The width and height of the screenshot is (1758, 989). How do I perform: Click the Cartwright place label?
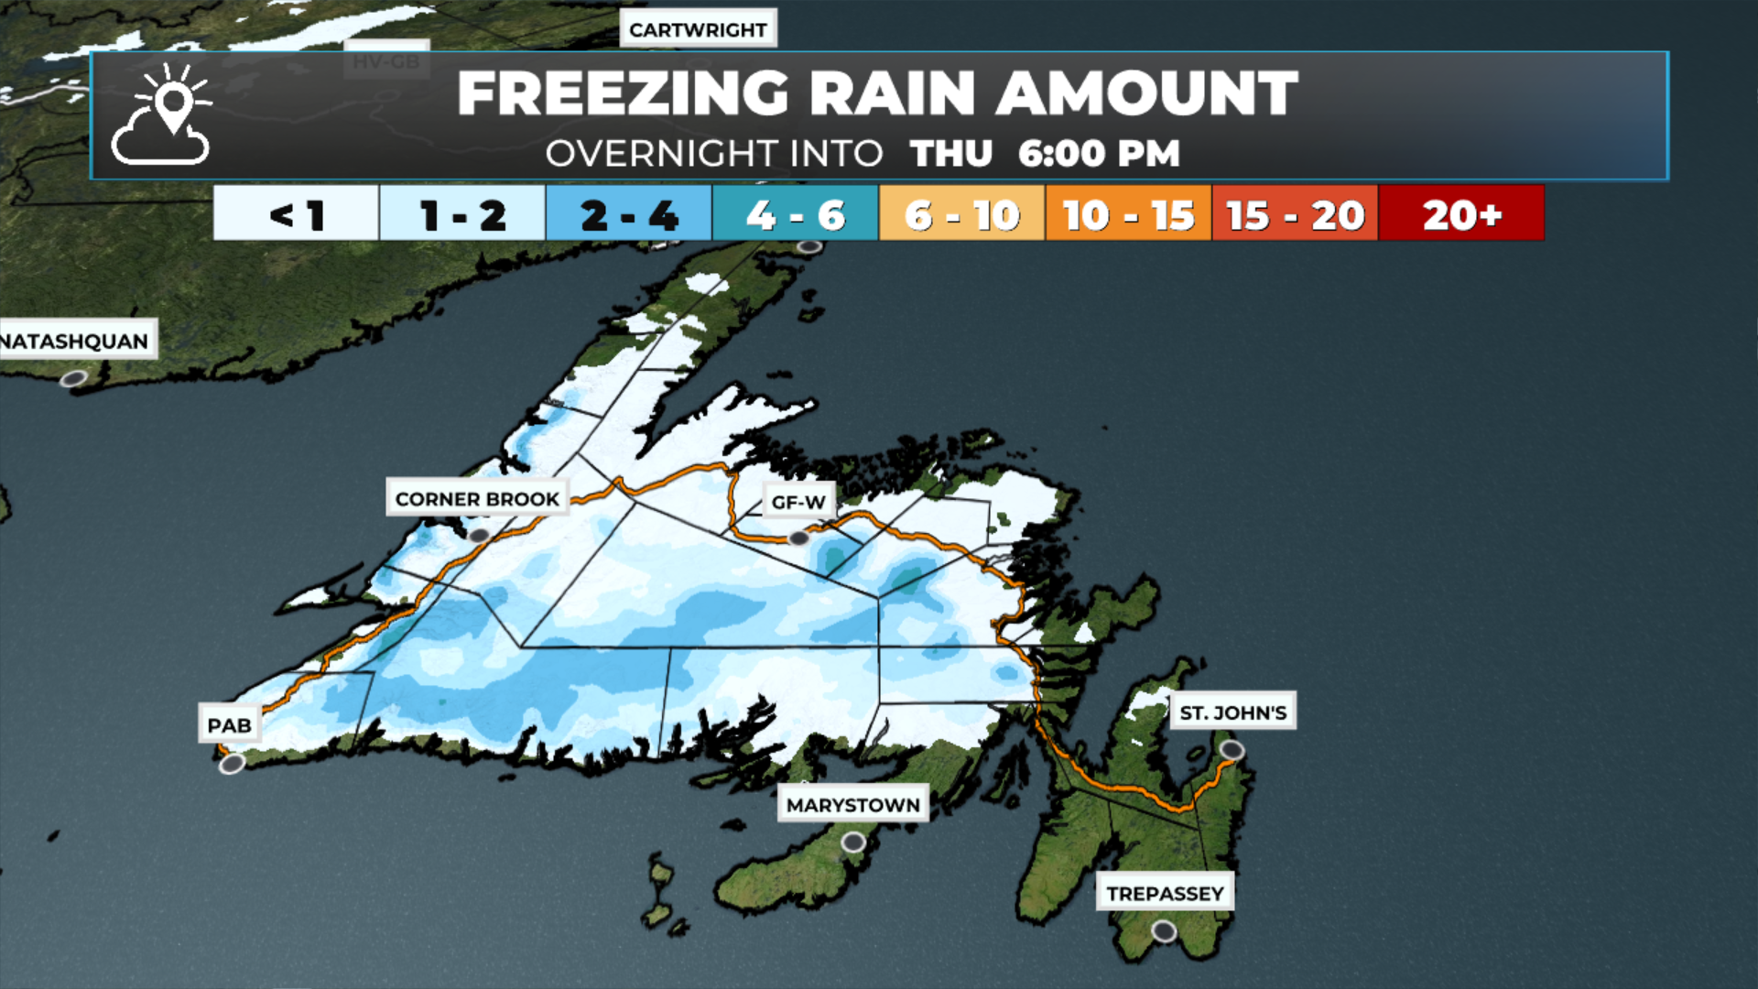(x=698, y=29)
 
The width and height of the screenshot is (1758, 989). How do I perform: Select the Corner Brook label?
(x=477, y=499)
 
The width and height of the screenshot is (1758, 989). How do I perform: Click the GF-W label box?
(x=798, y=502)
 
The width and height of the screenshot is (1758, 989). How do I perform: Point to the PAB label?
(x=229, y=725)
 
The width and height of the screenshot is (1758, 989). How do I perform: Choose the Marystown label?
(x=852, y=805)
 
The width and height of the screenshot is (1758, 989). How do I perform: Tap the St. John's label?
(x=1232, y=712)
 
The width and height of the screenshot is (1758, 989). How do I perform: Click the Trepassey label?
(x=1165, y=893)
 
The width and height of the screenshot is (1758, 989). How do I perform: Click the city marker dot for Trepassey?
(x=1164, y=931)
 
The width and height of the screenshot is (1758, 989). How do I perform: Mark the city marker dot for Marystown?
(x=853, y=842)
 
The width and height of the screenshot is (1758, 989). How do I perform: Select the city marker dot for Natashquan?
(x=73, y=378)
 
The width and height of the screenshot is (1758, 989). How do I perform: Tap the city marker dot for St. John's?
(x=1232, y=751)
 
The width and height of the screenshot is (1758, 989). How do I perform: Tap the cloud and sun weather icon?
(x=163, y=116)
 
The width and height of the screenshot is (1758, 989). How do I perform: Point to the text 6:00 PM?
(x=1099, y=154)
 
